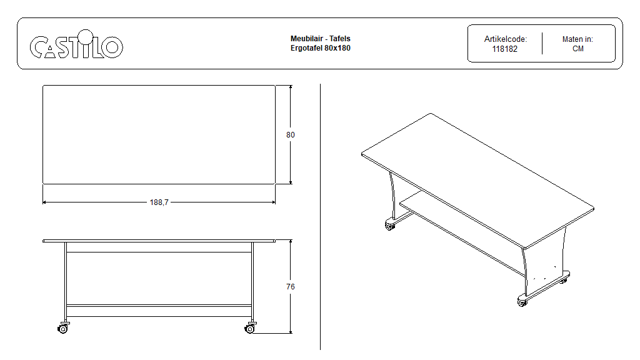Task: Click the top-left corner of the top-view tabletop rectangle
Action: click(43, 85)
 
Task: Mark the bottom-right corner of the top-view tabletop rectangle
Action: click(275, 184)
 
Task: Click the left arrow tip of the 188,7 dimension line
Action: click(43, 202)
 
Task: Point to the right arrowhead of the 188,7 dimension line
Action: click(274, 202)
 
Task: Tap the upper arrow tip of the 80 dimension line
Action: click(291, 85)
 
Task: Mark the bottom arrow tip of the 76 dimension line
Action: click(291, 333)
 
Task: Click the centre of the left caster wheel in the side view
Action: click(62, 329)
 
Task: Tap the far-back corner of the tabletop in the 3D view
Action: click(431, 113)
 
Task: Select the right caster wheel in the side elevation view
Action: click(250, 329)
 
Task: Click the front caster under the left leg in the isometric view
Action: click(390, 225)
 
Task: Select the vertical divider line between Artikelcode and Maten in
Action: click(542, 43)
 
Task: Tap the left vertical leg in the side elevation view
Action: click(65, 281)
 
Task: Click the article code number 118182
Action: click(505, 49)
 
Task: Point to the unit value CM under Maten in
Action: click(578, 49)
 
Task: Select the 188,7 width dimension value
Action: click(159, 202)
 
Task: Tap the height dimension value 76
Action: click(290, 286)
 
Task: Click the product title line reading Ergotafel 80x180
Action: click(321, 47)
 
